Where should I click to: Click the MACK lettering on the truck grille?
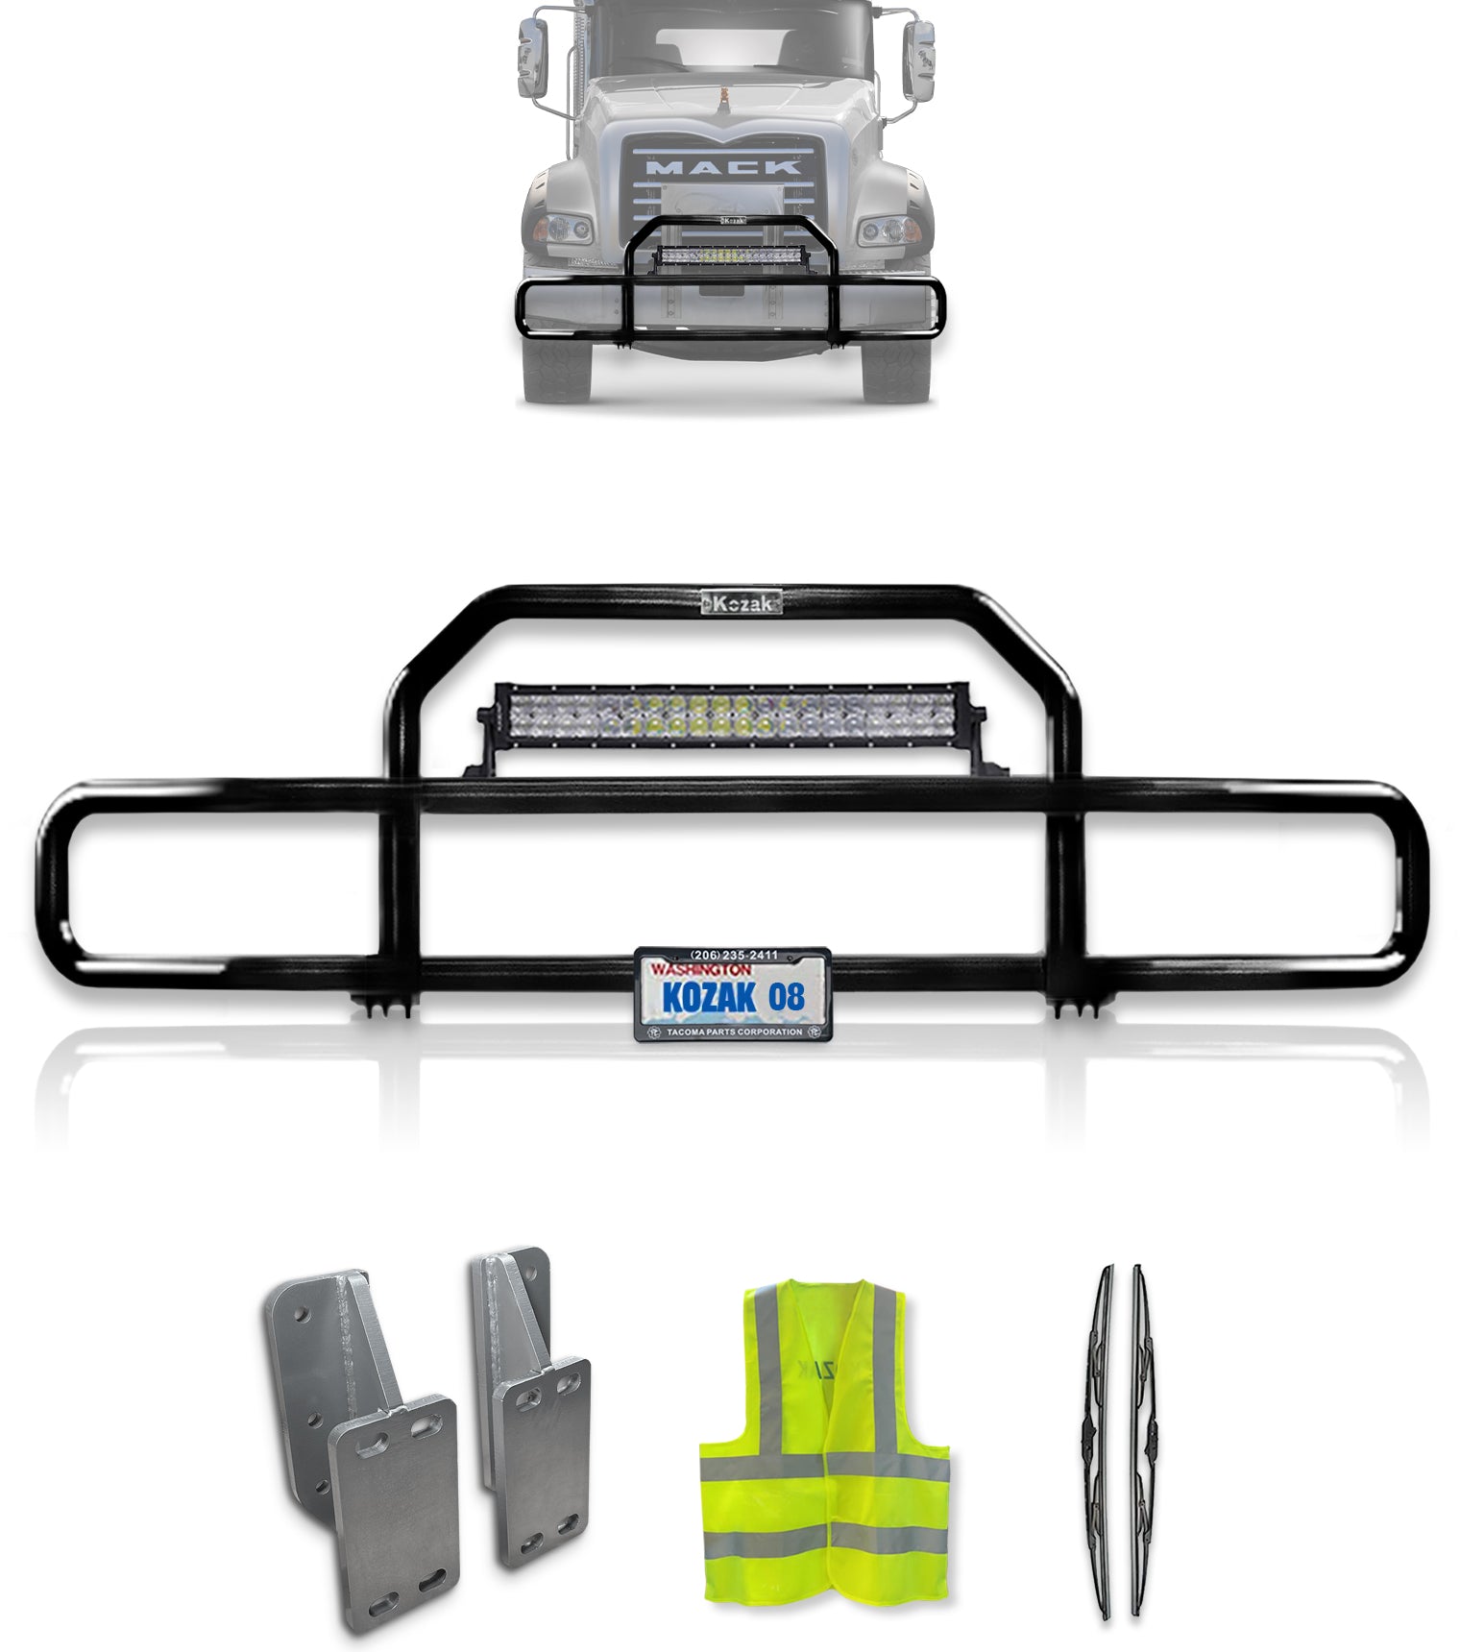pos(725,167)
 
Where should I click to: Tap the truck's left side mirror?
pos(532,59)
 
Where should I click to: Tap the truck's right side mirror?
pos(919,61)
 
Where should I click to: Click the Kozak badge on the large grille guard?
pos(741,602)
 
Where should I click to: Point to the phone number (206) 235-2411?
pos(734,955)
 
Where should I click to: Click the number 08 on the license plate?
pos(787,997)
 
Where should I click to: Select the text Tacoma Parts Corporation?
pos(734,1032)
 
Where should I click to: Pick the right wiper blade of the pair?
pos(1140,1441)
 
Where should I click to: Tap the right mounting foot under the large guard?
pos(1074,1008)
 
